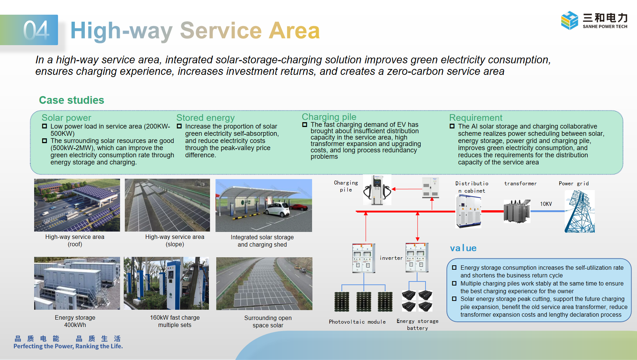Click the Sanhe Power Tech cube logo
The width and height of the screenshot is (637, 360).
569,20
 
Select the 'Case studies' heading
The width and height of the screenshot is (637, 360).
72,100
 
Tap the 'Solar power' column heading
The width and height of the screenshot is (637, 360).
66,118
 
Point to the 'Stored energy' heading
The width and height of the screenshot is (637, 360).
205,118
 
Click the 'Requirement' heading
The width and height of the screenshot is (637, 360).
475,118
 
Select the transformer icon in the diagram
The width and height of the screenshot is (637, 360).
517,211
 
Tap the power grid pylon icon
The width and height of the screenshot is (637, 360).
579,211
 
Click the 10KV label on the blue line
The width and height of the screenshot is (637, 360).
546,204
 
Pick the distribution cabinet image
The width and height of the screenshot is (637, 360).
468,211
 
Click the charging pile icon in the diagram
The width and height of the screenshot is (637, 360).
377,190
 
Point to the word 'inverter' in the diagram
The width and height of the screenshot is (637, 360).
391,258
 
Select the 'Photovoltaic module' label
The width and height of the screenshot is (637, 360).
357,322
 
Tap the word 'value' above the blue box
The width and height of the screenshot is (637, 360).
463,248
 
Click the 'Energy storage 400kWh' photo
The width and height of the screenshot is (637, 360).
77,283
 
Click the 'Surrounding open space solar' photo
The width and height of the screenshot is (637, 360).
264,283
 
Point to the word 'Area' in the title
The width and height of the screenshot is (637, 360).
294,30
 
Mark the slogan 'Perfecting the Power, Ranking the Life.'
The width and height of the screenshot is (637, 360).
68,346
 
